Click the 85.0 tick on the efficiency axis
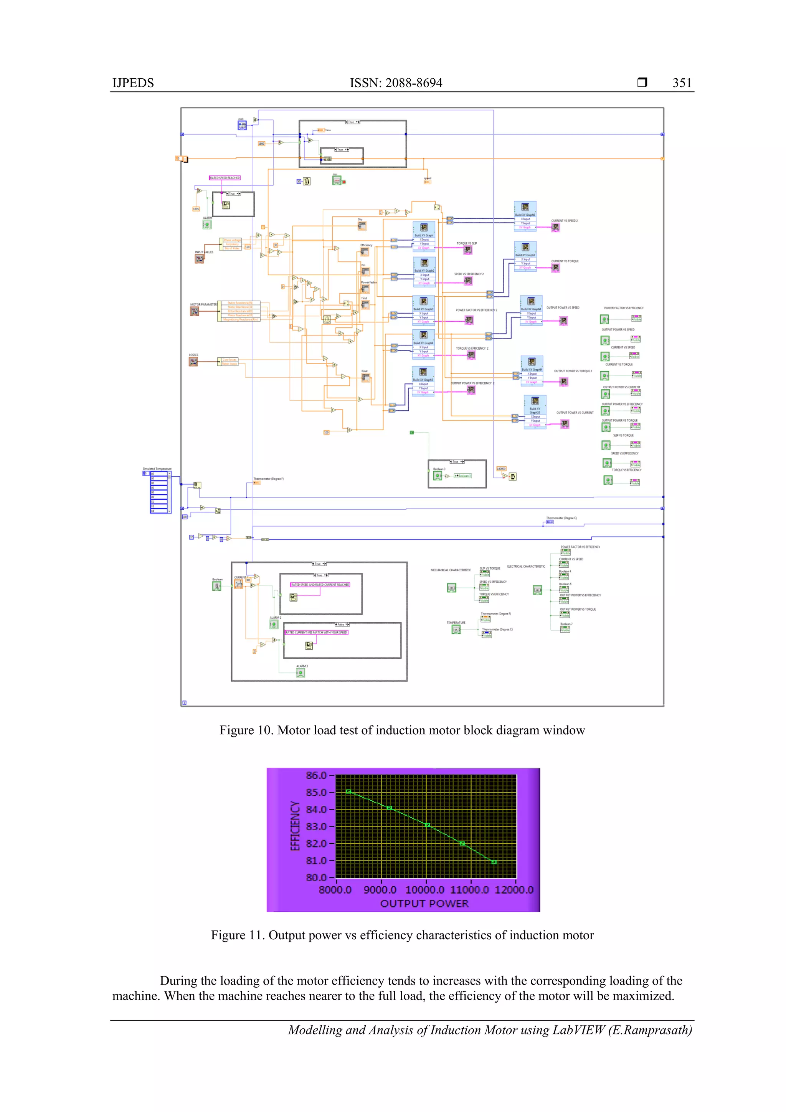point(316,792)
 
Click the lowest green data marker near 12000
point(494,862)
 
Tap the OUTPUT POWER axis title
point(424,903)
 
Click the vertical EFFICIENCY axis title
point(295,825)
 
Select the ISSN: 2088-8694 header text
point(396,83)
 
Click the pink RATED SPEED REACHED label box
point(225,178)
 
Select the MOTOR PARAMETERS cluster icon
point(194,311)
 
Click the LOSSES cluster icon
point(193,361)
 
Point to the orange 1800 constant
point(261,143)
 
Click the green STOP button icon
point(337,180)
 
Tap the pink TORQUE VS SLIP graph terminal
point(467,250)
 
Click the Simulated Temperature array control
point(159,492)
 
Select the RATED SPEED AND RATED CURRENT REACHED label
point(320,585)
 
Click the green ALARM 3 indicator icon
point(300,673)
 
